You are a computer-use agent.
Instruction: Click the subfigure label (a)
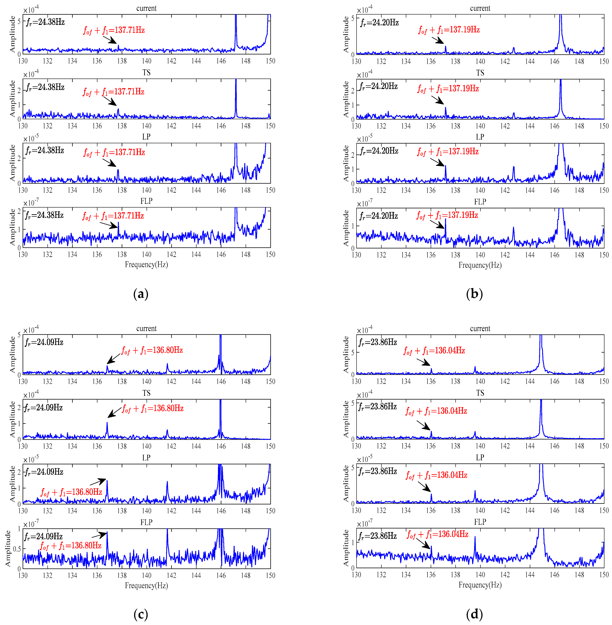141,294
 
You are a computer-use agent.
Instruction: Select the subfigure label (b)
474,294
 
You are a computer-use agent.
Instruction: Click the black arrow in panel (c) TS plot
114,412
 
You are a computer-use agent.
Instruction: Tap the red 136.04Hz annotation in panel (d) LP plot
437,475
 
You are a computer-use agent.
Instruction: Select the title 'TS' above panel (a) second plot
146,73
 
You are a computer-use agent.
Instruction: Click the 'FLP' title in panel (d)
480,522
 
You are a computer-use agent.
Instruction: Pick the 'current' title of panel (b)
480,8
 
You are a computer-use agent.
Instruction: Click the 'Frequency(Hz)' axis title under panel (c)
146,585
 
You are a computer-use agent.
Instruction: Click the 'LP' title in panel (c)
146,458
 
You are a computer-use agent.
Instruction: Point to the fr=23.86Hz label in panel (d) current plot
378,342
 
